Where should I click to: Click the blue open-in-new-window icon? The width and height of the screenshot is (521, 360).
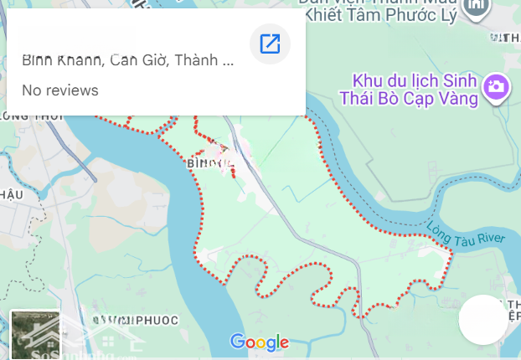click(270, 44)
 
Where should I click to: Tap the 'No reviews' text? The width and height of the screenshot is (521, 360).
click(60, 90)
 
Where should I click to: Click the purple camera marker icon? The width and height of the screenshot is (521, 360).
click(497, 87)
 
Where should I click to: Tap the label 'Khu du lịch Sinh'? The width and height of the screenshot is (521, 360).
click(414, 81)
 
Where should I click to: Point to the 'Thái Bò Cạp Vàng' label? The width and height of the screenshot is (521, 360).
click(409, 99)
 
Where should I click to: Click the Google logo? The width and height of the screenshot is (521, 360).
click(260, 342)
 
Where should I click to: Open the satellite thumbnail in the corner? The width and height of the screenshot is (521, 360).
click(35, 335)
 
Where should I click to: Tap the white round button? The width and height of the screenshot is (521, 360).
click(483, 320)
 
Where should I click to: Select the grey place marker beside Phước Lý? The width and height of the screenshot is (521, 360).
click(477, 7)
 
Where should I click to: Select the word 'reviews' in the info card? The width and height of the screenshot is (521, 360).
click(73, 90)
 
